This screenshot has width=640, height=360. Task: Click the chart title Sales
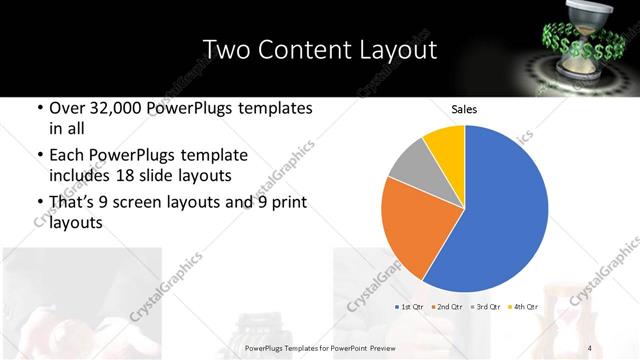(x=464, y=109)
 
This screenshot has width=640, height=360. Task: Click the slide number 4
(x=591, y=347)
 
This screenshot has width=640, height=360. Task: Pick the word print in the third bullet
(x=284, y=202)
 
